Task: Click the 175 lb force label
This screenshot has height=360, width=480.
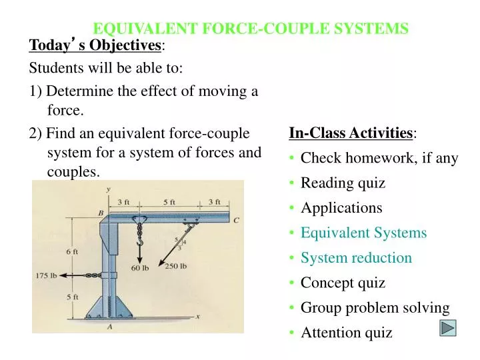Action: point(46,275)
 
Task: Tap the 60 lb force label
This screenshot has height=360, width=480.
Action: point(139,269)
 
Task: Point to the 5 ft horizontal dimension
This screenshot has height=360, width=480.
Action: point(169,202)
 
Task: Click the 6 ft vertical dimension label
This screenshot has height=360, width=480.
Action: point(71,251)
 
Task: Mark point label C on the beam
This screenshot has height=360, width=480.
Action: point(236,220)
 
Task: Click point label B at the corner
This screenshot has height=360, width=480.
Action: point(101,213)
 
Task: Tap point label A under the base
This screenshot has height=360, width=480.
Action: point(109,327)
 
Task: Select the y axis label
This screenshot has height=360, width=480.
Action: point(108,189)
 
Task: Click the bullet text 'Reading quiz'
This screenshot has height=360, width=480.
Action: point(343,183)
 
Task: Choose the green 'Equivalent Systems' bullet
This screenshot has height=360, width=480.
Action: point(363,233)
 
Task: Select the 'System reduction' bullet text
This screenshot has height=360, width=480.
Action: point(356,257)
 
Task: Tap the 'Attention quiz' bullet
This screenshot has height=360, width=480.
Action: point(347,332)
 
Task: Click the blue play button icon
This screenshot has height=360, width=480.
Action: point(448,328)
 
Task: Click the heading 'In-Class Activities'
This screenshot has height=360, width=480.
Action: point(351,133)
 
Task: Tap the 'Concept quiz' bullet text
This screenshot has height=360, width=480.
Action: point(343,283)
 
